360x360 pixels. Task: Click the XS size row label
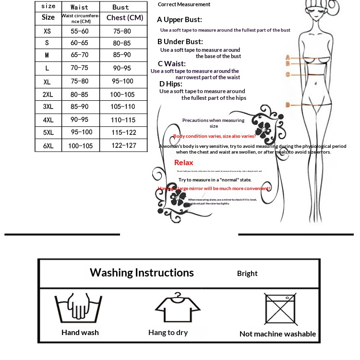click(x=47, y=31)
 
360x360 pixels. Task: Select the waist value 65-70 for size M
click(x=79, y=55)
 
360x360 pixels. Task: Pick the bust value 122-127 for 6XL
click(x=124, y=145)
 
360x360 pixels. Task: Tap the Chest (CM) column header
click(x=124, y=18)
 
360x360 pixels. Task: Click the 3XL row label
click(x=48, y=107)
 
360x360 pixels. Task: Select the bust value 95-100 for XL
click(x=123, y=81)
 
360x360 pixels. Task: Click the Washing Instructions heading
click(x=142, y=273)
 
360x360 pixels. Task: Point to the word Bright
click(x=247, y=274)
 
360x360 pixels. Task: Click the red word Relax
click(x=184, y=163)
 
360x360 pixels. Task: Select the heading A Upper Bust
click(x=180, y=20)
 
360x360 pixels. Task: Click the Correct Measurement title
click(x=184, y=4)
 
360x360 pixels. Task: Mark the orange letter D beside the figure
click(x=288, y=105)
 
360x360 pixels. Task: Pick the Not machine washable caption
click(x=277, y=334)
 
